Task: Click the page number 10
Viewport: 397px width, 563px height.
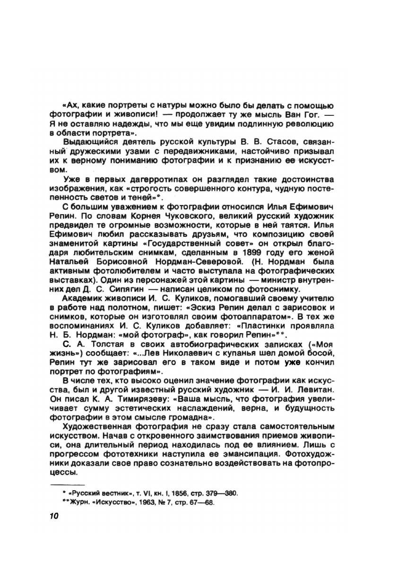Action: click(52, 516)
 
